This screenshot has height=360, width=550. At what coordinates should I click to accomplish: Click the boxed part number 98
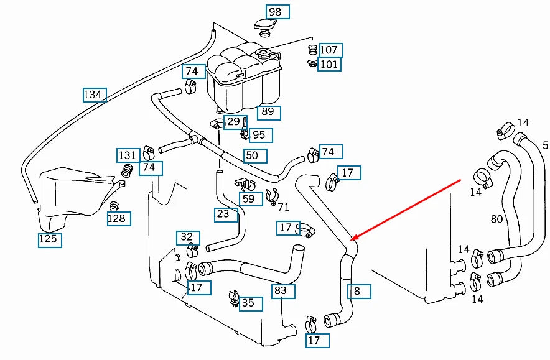tap(275, 12)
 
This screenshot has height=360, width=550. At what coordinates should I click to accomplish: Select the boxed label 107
tap(329, 50)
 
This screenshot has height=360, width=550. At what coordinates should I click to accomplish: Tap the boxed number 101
tap(329, 63)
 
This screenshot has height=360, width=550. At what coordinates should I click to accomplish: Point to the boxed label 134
tap(92, 95)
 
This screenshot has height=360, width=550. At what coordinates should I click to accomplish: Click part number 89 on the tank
tap(268, 112)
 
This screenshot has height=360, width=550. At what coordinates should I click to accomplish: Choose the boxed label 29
tap(233, 121)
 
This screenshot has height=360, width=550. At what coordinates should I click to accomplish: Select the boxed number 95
tap(258, 134)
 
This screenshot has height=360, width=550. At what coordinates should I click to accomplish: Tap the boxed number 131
tap(128, 155)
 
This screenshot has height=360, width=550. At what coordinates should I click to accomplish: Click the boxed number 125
tap(48, 239)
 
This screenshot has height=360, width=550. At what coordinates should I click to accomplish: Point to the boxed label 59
tap(248, 200)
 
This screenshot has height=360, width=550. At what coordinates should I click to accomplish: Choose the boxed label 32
tap(187, 237)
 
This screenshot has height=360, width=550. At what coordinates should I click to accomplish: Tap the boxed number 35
tap(248, 303)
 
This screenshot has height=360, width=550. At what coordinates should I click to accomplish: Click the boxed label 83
tap(281, 290)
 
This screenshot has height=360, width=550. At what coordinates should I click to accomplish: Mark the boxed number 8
tap(357, 290)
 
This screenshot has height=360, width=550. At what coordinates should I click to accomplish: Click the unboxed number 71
tap(284, 207)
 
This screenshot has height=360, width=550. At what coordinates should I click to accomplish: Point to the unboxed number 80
tap(496, 219)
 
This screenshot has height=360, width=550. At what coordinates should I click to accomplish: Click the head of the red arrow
tap(352, 239)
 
